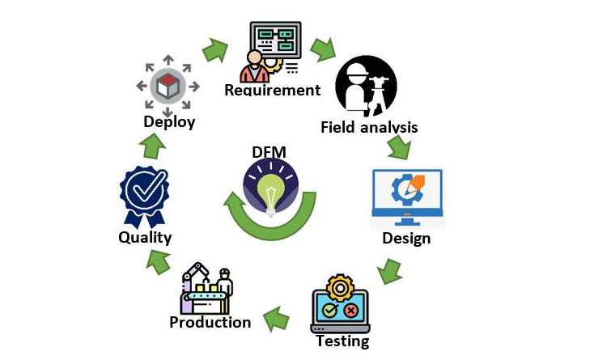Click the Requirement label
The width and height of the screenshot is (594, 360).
(x=273, y=90)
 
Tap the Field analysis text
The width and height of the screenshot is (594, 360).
(x=369, y=127)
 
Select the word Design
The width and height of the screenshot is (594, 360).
(x=406, y=239)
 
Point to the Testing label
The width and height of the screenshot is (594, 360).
(x=342, y=341)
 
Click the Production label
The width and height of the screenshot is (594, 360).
(x=210, y=322)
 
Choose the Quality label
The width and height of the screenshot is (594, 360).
(x=145, y=237)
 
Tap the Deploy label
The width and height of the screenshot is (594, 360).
(x=169, y=122)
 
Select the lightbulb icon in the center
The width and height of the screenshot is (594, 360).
(x=268, y=187)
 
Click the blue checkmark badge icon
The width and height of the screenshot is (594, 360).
(x=144, y=195)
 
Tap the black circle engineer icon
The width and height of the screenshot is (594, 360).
(x=366, y=87)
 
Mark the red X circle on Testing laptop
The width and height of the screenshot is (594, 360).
(x=352, y=310)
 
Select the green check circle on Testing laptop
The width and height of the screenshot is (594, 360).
(x=329, y=310)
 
